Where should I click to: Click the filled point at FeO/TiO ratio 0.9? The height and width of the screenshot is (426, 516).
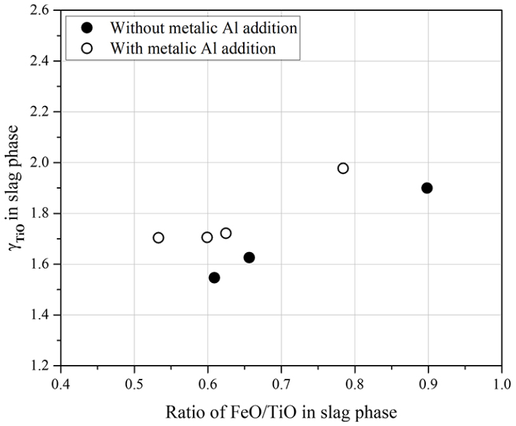pyautogui.click(x=427, y=188)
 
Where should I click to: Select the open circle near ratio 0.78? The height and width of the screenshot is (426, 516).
pyautogui.click(x=343, y=168)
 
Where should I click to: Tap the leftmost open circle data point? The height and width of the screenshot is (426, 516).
pyautogui.click(x=159, y=237)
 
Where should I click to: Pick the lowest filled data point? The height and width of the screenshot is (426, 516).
pyautogui.click(x=215, y=277)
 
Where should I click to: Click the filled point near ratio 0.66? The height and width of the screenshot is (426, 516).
pyautogui.click(x=249, y=257)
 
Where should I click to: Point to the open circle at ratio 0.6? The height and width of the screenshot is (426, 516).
pyautogui.click(x=207, y=237)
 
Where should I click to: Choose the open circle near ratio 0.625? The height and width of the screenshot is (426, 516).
pyautogui.click(x=226, y=233)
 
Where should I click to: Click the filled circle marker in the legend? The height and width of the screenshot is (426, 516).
pyautogui.click(x=88, y=28)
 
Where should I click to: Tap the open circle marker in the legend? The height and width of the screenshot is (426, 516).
pyautogui.click(x=88, y=48)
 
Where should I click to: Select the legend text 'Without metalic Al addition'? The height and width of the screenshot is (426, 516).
pyautogui.click(x=204, y=28)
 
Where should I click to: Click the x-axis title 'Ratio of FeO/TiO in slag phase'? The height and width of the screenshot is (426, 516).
pyautogui.click(x=282, y=413)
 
